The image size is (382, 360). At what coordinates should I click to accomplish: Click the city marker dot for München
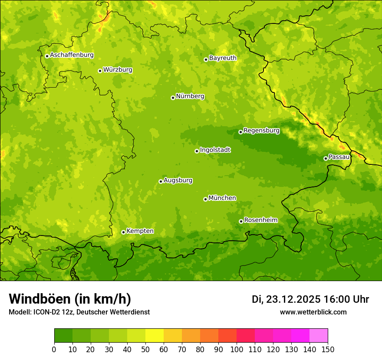point(205,199)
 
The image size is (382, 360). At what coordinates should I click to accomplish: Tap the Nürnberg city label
point(190,96)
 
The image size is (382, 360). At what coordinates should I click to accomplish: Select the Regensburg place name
point(261,130)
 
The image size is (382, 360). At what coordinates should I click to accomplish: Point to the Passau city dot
point(326,158)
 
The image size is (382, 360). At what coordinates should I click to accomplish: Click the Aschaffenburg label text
point(72,55)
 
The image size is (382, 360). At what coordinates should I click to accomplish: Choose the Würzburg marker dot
point(100,71)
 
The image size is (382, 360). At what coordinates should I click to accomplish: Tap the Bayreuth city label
point(223,58)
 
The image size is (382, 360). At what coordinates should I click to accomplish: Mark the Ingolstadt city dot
point(197,151)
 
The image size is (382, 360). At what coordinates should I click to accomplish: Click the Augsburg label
point(178,180)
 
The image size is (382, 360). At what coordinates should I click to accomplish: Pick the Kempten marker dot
point(123,232)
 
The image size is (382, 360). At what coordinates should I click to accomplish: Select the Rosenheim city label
point(260,220)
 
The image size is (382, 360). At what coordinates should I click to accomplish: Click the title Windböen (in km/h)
point(69,299)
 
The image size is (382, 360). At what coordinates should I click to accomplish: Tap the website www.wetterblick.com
point(313,312)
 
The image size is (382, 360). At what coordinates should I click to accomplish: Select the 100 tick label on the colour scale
point(236,350)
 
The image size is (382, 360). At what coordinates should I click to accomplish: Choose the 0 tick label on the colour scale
point(54,350)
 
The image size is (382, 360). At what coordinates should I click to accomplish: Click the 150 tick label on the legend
point(328,350)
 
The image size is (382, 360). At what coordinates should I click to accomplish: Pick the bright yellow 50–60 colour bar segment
point(155,336)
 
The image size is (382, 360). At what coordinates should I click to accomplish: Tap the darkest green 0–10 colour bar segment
point(63,336)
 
